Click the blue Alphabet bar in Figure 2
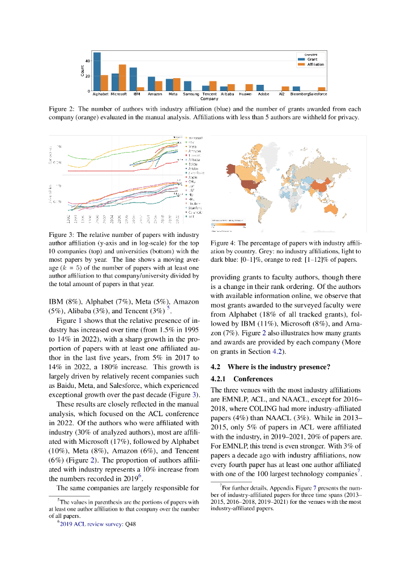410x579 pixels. (x=97, y=72)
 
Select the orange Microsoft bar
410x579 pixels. (x=122, y=78)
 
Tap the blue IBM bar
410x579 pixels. (x=133, y=79)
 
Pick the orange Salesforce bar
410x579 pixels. (x=322, y=89)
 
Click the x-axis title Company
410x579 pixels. (x=209, y=98)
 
